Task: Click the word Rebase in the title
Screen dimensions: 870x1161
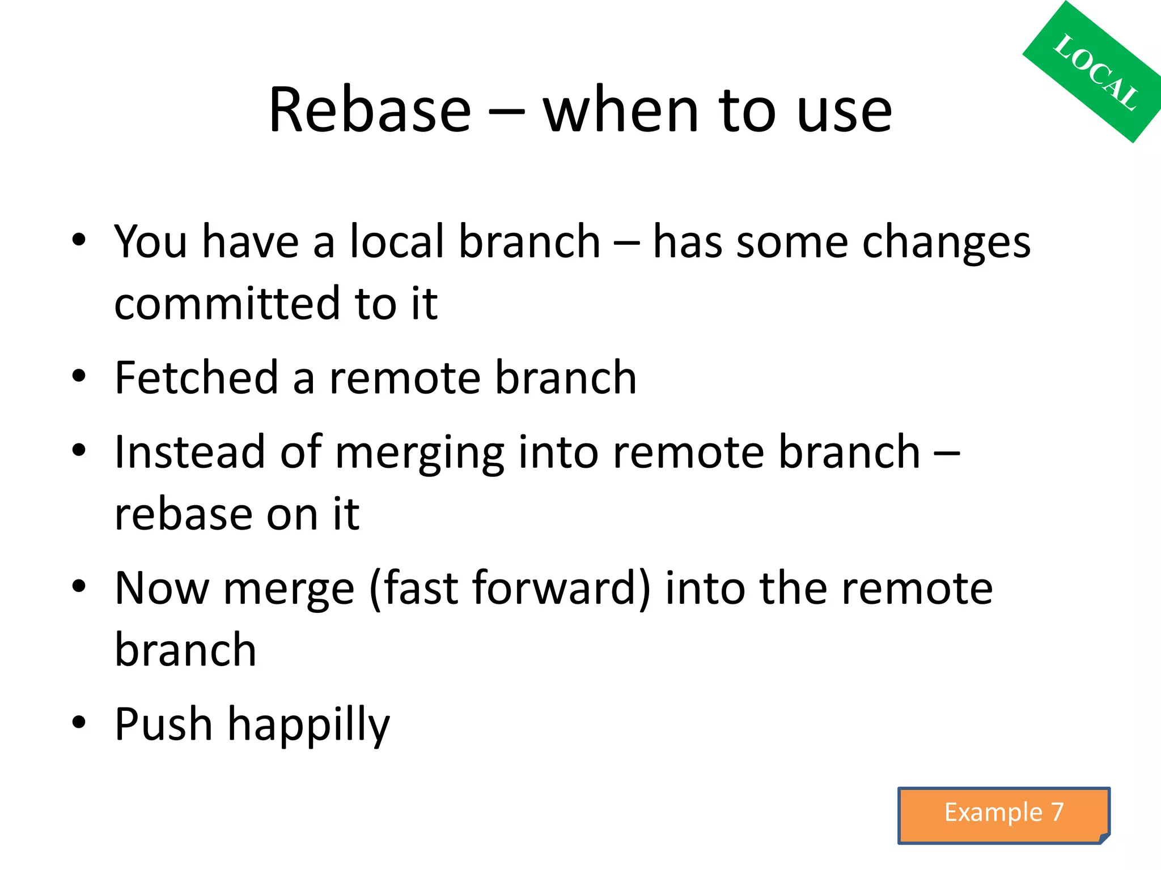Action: point(370,110)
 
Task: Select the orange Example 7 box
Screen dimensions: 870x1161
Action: point(1003,814)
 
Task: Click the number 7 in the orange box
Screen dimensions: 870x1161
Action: point(1057,812)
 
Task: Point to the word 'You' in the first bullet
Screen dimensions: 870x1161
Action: point(150,242)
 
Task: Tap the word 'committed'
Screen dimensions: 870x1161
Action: point(227,304)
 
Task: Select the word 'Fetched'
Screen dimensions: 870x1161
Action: point(196,378)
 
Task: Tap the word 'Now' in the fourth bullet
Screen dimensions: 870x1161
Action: point(162,588)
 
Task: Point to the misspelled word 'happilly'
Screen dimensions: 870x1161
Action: point(309,726)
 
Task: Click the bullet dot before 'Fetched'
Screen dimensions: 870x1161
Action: point(79,376)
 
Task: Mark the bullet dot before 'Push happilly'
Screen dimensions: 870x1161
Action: point(79,722)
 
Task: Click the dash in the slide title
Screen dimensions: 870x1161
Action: point(506,112)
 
